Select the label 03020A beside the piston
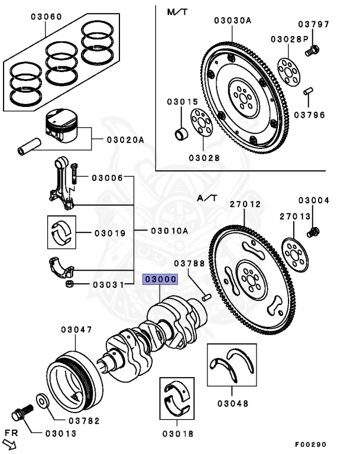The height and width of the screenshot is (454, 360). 125,140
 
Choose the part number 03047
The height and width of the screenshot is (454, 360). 76,329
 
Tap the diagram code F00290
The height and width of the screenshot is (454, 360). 311,445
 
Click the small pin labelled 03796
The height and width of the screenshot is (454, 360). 309,91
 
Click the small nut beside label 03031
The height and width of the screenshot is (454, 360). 69,284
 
